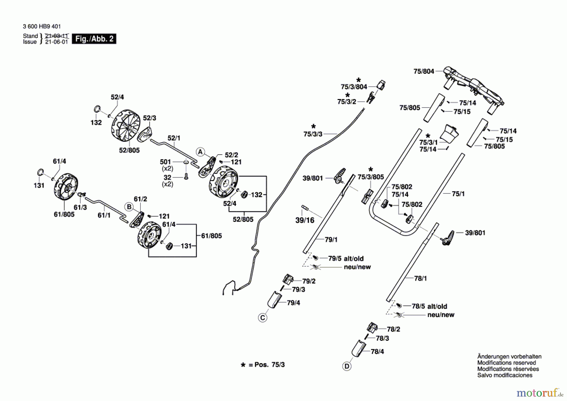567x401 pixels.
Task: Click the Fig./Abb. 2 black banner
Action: (94, 39)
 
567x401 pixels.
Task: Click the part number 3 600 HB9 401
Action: (42, 27)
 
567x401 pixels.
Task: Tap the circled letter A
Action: (200, 152)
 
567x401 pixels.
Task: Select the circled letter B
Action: (129, 207)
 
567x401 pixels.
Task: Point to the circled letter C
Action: (262, 318)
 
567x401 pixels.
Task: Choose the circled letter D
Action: (346, 366)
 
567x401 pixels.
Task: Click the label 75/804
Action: (423, 72)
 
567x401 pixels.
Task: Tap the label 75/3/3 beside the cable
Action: (312, 134)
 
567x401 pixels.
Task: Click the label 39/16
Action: (305, 220)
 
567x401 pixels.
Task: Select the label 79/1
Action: (331, 240)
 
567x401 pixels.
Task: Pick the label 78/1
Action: (420, 278)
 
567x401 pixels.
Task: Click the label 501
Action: (165, 162)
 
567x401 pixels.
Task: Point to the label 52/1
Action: (174, 138)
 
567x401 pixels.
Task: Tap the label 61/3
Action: (80, 207)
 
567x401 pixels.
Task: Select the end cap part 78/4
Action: (358, 348)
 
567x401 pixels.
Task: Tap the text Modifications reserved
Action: (506, 363)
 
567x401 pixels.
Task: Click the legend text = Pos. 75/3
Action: (266, 365)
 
